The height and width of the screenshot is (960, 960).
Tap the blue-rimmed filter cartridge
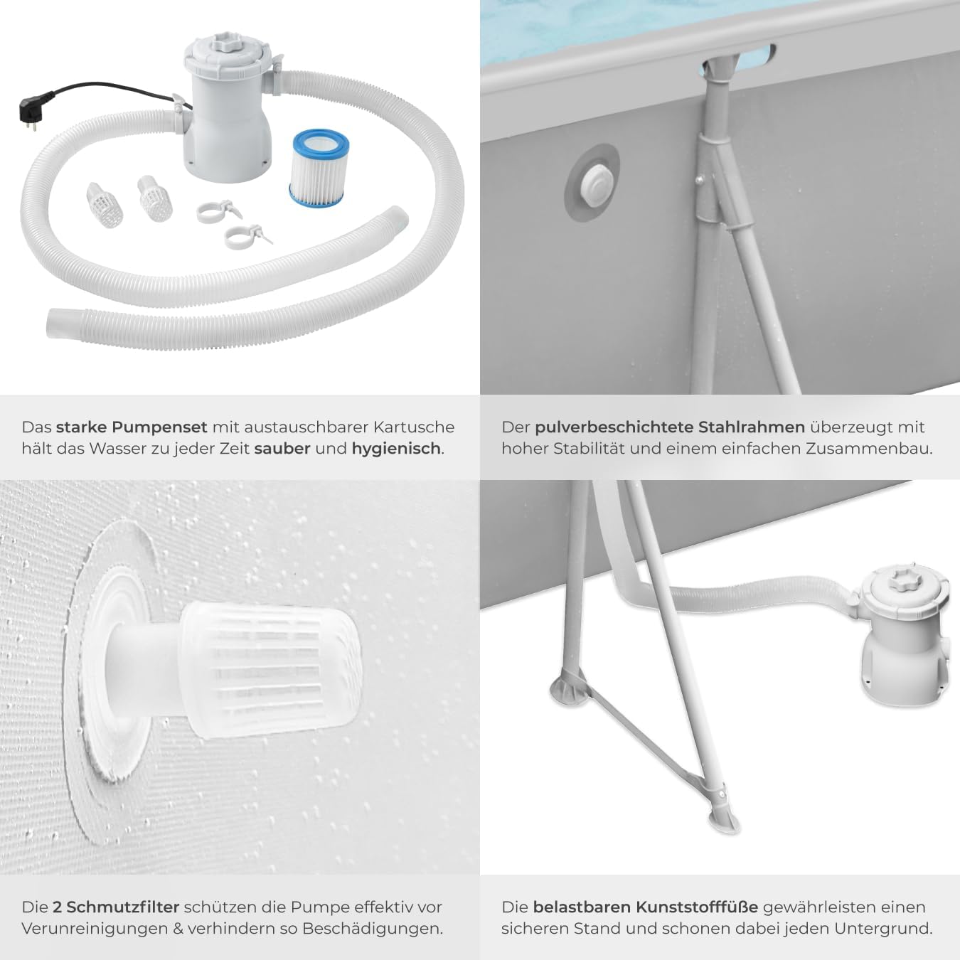coord(319,167)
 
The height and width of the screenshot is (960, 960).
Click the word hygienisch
coord(397,449)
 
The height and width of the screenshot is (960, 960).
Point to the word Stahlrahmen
coord(751,427)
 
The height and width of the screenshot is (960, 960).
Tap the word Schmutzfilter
coord(122,907)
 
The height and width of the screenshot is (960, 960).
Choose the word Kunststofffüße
coord(645,907)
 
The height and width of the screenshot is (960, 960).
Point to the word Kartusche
coord(413,427)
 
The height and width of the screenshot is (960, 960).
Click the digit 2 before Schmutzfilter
coord(57,907)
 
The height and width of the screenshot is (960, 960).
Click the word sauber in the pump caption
coord(282,449)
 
